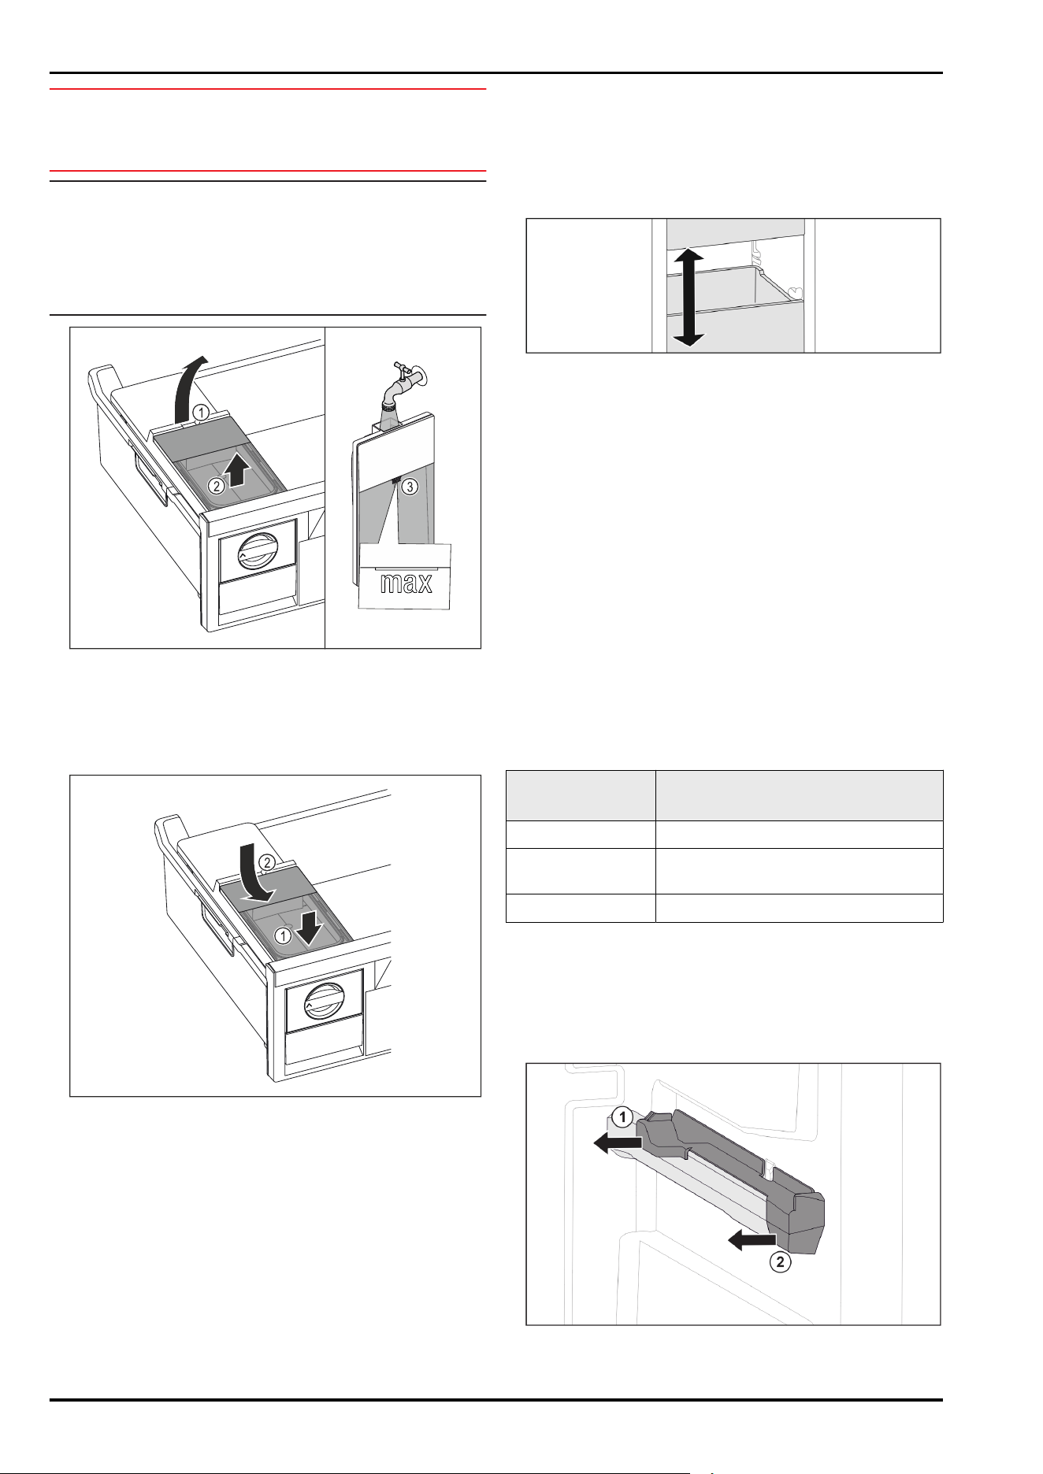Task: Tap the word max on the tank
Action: (x=406, y=583)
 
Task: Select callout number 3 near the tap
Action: (x=410, y=487)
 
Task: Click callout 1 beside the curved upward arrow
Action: (x=201, y=412)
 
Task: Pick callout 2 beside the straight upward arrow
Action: (x=216, y=486)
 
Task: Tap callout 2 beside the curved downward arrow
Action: (x=267, y=863)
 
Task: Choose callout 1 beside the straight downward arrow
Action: (x=282, y=935)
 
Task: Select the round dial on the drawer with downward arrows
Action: (x=322, y=1002)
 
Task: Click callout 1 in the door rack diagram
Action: (x=622, y=1117)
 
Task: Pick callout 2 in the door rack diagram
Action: (x=780, y=1262)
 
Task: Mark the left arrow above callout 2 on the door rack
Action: (x=752, y=1241)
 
